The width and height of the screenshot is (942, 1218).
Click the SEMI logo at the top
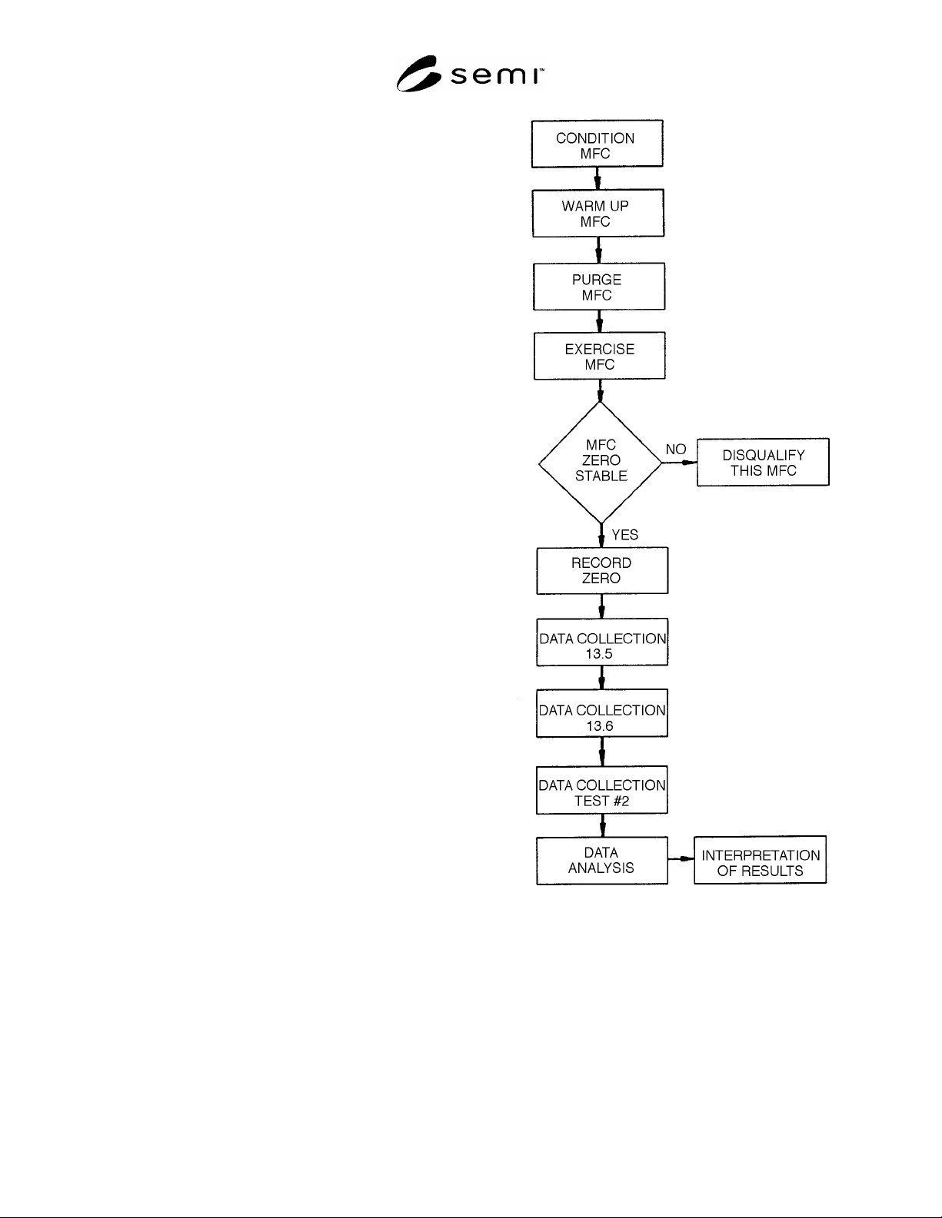point(470,74)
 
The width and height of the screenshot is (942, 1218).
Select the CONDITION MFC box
point(597,144)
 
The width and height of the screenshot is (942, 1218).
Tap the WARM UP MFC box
point(598,213)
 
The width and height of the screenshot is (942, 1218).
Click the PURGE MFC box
point(599,287)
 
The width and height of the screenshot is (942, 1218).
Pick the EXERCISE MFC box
point(599,356)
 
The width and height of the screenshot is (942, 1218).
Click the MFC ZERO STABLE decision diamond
point(601,463)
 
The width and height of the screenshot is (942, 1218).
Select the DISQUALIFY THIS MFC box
point(763,462)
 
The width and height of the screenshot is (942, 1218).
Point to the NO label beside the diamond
point(676,449)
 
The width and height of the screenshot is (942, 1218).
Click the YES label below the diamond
point(624,535)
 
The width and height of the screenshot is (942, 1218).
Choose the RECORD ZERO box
point(602,571)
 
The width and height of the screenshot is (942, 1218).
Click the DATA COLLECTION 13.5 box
point(602,642)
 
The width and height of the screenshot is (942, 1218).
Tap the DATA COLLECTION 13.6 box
point(602,714)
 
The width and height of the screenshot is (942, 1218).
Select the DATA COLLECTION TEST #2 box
point(602,790)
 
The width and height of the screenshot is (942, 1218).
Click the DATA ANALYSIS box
point(602,861)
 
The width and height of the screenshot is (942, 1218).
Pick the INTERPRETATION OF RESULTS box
point(761,860)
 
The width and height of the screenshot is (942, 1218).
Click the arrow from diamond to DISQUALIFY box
point(680,463)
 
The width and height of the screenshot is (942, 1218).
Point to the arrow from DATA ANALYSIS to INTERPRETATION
point(681,858)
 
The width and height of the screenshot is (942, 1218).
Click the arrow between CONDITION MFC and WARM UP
point(597,178)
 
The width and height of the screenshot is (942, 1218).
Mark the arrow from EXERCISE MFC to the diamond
point(600,390)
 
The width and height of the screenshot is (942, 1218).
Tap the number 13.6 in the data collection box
point(600,726)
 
